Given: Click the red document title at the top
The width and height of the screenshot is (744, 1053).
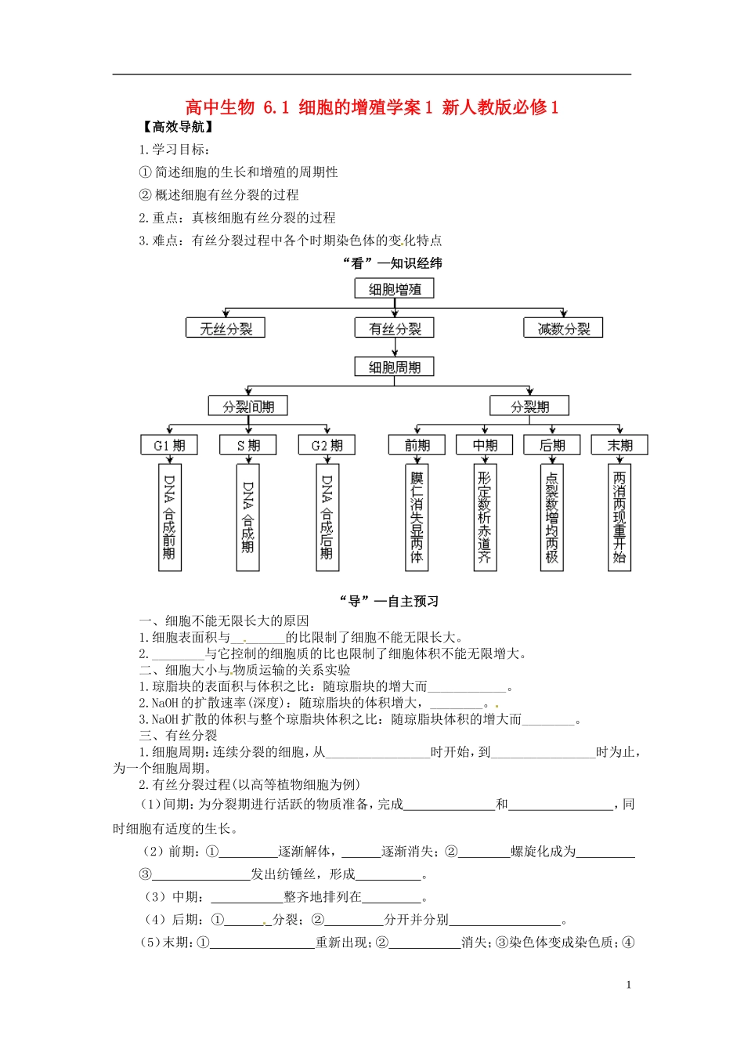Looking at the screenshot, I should (x=372, y=107).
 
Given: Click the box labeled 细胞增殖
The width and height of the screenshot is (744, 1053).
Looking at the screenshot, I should (x=395, y=289).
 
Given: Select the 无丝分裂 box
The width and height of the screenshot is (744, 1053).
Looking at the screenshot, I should (x=226, y=328).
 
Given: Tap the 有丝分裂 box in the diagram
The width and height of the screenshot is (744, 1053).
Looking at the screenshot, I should (x=395, y=328).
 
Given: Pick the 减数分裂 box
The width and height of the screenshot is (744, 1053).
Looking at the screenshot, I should (x=563, y=328).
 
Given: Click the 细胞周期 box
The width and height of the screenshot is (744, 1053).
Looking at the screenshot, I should (x=395, y=367).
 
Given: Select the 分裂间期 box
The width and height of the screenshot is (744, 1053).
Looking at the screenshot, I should (x=248, y=406).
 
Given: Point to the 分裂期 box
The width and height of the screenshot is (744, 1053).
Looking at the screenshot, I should (x=529, y=406).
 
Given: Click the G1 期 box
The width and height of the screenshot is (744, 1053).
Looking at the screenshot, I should (x=169, y=445).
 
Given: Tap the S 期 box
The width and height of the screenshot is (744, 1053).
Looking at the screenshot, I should (x=248, y=445).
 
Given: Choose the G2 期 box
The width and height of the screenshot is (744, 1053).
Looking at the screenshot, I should (x=327, y=445).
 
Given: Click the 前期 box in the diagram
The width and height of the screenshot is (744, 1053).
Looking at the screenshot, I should (x=417, y=445).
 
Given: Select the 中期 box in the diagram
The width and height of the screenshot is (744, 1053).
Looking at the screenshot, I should (x=485, y=445).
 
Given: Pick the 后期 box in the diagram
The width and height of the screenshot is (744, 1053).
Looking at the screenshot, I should (x=552, y=445).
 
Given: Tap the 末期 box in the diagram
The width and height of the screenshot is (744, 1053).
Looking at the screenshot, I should (x=619, y=445).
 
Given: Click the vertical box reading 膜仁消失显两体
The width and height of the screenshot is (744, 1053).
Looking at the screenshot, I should (x=417, y=517).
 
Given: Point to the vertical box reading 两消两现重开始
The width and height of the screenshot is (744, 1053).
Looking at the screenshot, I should (x=619, y=517).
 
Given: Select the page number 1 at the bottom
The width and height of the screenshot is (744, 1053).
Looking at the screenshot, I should (x=628, y=985).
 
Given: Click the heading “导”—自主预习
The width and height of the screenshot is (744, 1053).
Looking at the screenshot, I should (x=388, y=601).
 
